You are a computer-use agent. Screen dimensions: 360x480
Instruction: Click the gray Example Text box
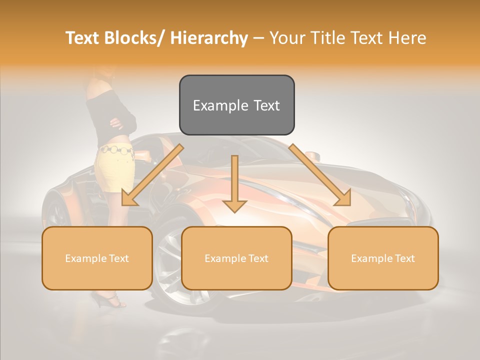coord(236,105)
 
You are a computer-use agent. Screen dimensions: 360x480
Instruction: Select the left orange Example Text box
coord(97,258)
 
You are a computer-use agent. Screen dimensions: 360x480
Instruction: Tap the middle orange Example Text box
coord(236,258)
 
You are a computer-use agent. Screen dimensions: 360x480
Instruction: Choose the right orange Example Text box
coord(383,258)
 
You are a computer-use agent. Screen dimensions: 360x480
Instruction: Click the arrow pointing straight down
coord(234,185)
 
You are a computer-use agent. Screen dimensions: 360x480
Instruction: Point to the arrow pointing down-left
coord(150,177)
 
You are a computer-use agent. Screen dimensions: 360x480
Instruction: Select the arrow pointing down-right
coord(322,177)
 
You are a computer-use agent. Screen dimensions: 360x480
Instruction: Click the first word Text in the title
coord(84,38)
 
